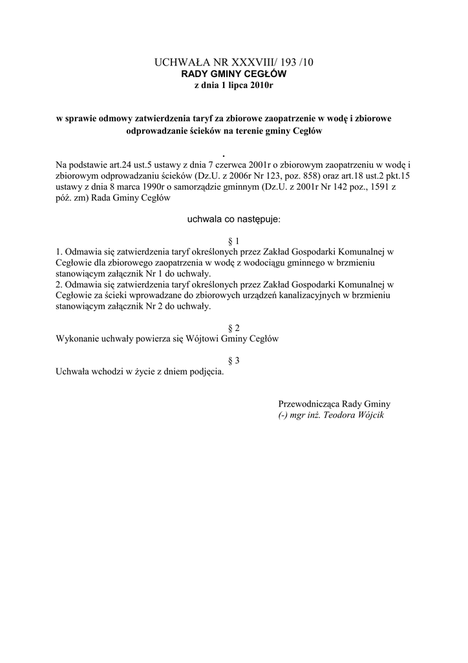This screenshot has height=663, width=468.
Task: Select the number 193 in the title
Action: (290, 62)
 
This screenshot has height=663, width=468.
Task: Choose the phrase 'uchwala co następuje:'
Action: (233, 220)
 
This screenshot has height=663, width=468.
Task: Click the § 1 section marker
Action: (233, 241)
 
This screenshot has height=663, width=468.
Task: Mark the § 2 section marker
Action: (233, 328)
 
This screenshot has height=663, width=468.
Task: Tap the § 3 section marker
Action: (233, 361)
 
